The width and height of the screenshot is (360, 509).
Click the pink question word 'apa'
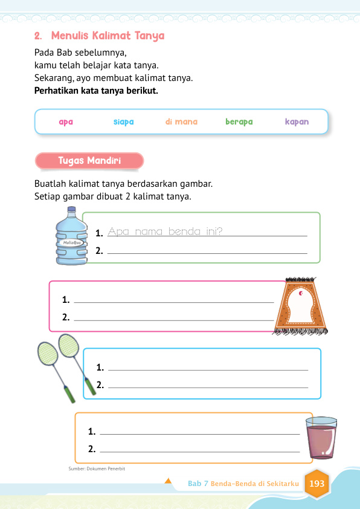pyautogui.click(x=66, y=122)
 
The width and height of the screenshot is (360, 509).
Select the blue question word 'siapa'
pyautogui.click(x=123, y=122)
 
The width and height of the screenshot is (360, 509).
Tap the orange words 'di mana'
pyautogui.click(x=181, y=122)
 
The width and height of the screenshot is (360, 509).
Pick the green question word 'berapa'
pyautogui.click(x=239, y=122)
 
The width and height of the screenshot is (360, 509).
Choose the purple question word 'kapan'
pyautogui.click(x=297, y=122)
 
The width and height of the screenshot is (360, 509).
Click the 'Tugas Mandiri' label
pyautogui.click(x=89, y=161)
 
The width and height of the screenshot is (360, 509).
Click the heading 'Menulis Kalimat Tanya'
pyautogui.click(x=108, y=36)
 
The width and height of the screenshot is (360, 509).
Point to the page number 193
pyautogui.click(x=317, y=484)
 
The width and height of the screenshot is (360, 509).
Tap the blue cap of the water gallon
pyautogui.click(x=71, y=211)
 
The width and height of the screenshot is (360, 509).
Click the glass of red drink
pyautogui.click(x=321, y=438)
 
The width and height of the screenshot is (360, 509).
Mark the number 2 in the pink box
pyautogui.click(x=65, y=316)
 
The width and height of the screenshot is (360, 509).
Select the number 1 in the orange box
pyautogui.click(x=91, y=431)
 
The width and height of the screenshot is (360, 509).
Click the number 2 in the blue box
pyautogui.click(x=100, y=384)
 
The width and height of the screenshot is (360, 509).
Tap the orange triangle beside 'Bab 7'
pyautogui.click(x=169, y=482)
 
